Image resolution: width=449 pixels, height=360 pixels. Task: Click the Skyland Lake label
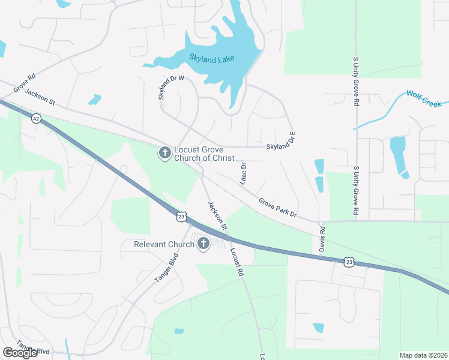(x=211, y=58)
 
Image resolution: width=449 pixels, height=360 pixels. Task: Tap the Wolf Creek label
(x=424, y=98)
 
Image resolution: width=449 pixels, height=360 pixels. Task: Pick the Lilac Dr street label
(x=244, y=173)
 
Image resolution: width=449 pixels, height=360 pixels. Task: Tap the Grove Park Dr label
(x=278, y=208)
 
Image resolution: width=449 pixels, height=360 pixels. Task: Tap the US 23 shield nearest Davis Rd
(x=349, y=261)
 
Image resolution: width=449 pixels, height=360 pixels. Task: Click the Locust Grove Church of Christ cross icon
(x=164, y=154)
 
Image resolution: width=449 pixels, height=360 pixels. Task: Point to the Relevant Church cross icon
(x=203, y=244)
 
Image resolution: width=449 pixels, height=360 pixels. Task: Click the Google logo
(x=20, y=352)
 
